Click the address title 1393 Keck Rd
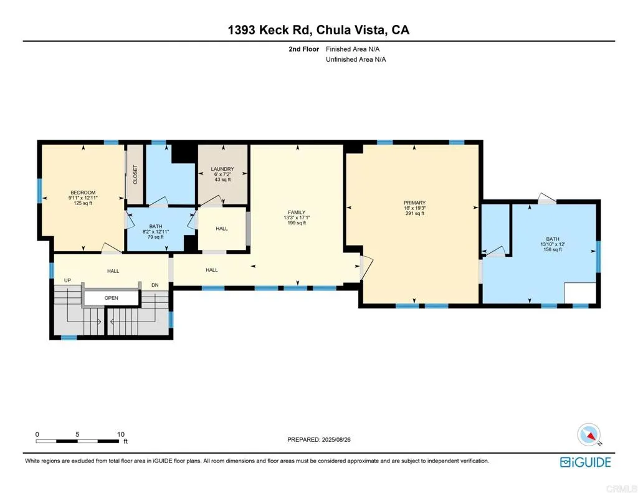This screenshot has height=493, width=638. [x=318, y=29]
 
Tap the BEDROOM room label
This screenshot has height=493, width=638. [x=83, y=193]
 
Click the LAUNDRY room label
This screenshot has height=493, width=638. [x=222, y=169]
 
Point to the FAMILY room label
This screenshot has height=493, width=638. [x=297, y=212]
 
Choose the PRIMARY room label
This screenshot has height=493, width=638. [x=414, y=203]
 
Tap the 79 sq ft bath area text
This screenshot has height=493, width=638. [x=155, y=237]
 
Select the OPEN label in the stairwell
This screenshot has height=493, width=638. [x=111, y=298]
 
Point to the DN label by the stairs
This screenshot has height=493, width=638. [x=155, y=285]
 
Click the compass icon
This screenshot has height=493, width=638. [x=588, y=434]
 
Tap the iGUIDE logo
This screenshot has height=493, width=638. [x=585, y=462]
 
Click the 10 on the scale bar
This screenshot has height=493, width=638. [x=121, y=434]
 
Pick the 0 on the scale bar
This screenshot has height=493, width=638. [x=37, y=434]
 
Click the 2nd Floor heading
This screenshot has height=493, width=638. [x=303, y=49]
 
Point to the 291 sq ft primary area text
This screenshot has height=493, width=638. [x=414, y=214]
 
